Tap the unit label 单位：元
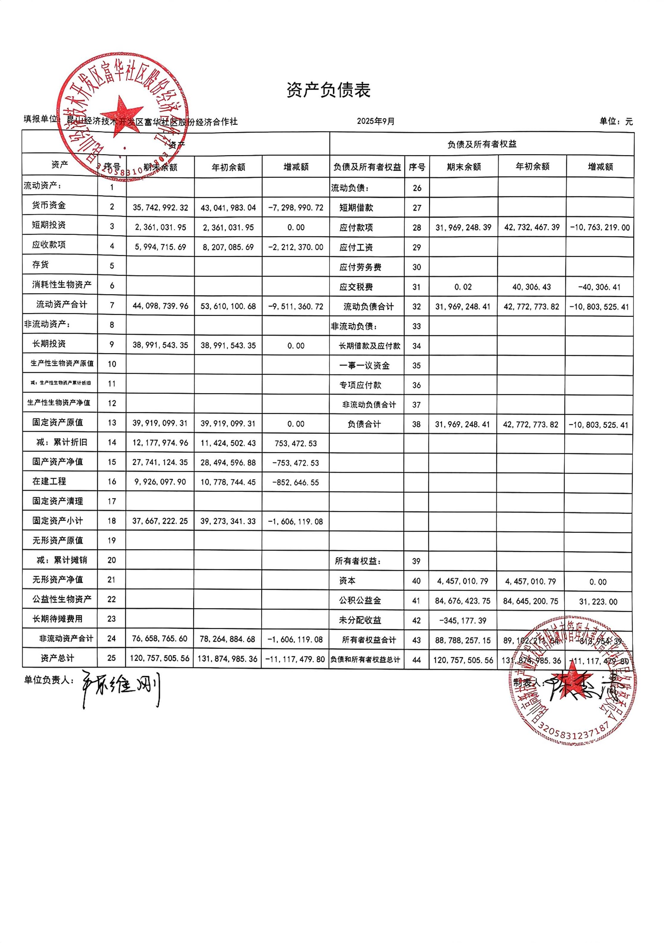(x=616, y=121)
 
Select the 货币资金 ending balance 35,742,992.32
(x=160, y=208)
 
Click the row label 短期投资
(x=49, y=225)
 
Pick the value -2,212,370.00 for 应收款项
(x=296, y=247)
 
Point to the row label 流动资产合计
(x=62, y=304)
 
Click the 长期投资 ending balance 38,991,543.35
(x=160, y=345)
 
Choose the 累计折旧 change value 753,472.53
(x=296, y=444)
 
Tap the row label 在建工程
(x=49, y=481)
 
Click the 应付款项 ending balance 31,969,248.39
(x=464, y=228)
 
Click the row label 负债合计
(x=364, y=424)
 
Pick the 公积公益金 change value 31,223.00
(x=598, y=602)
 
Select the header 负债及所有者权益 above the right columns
(x=482, y=145)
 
